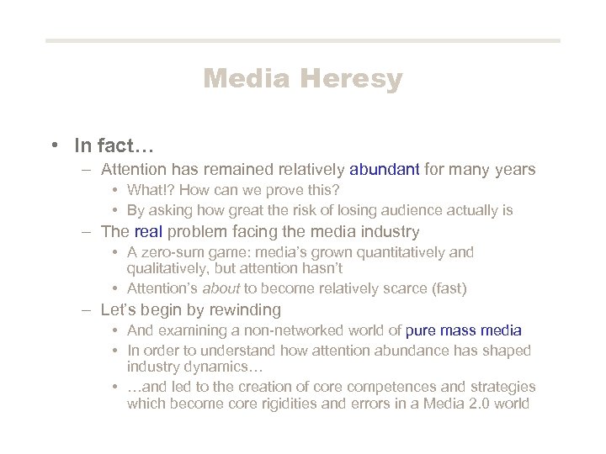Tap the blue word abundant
[x=385, y=170]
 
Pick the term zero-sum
[x=171, y=252]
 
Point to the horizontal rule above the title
[x=303, y=40]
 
